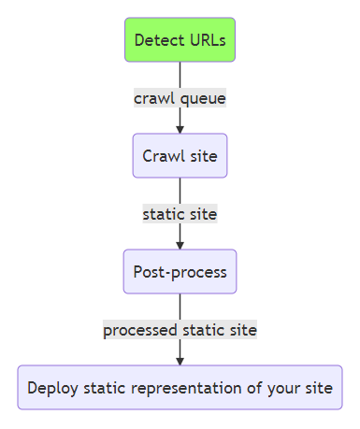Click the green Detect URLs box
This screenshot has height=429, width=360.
click(180, 40)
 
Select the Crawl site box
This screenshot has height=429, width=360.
click(180, 155)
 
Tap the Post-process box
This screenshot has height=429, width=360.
click(180, 272)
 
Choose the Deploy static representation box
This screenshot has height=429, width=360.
click(180, 387)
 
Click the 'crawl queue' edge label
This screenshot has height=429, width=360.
click(180, 98)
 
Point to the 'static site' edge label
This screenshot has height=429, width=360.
click(180, 214)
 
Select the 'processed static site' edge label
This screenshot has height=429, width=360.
click(180, 330)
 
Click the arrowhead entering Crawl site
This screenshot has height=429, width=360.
click(180, 128)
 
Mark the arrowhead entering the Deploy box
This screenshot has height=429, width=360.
click(180, 360)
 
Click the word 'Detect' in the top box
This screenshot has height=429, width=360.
click(157, 40)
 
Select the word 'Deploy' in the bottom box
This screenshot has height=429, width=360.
click(51, 388)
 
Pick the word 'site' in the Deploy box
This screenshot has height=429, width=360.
click(319, 388)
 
